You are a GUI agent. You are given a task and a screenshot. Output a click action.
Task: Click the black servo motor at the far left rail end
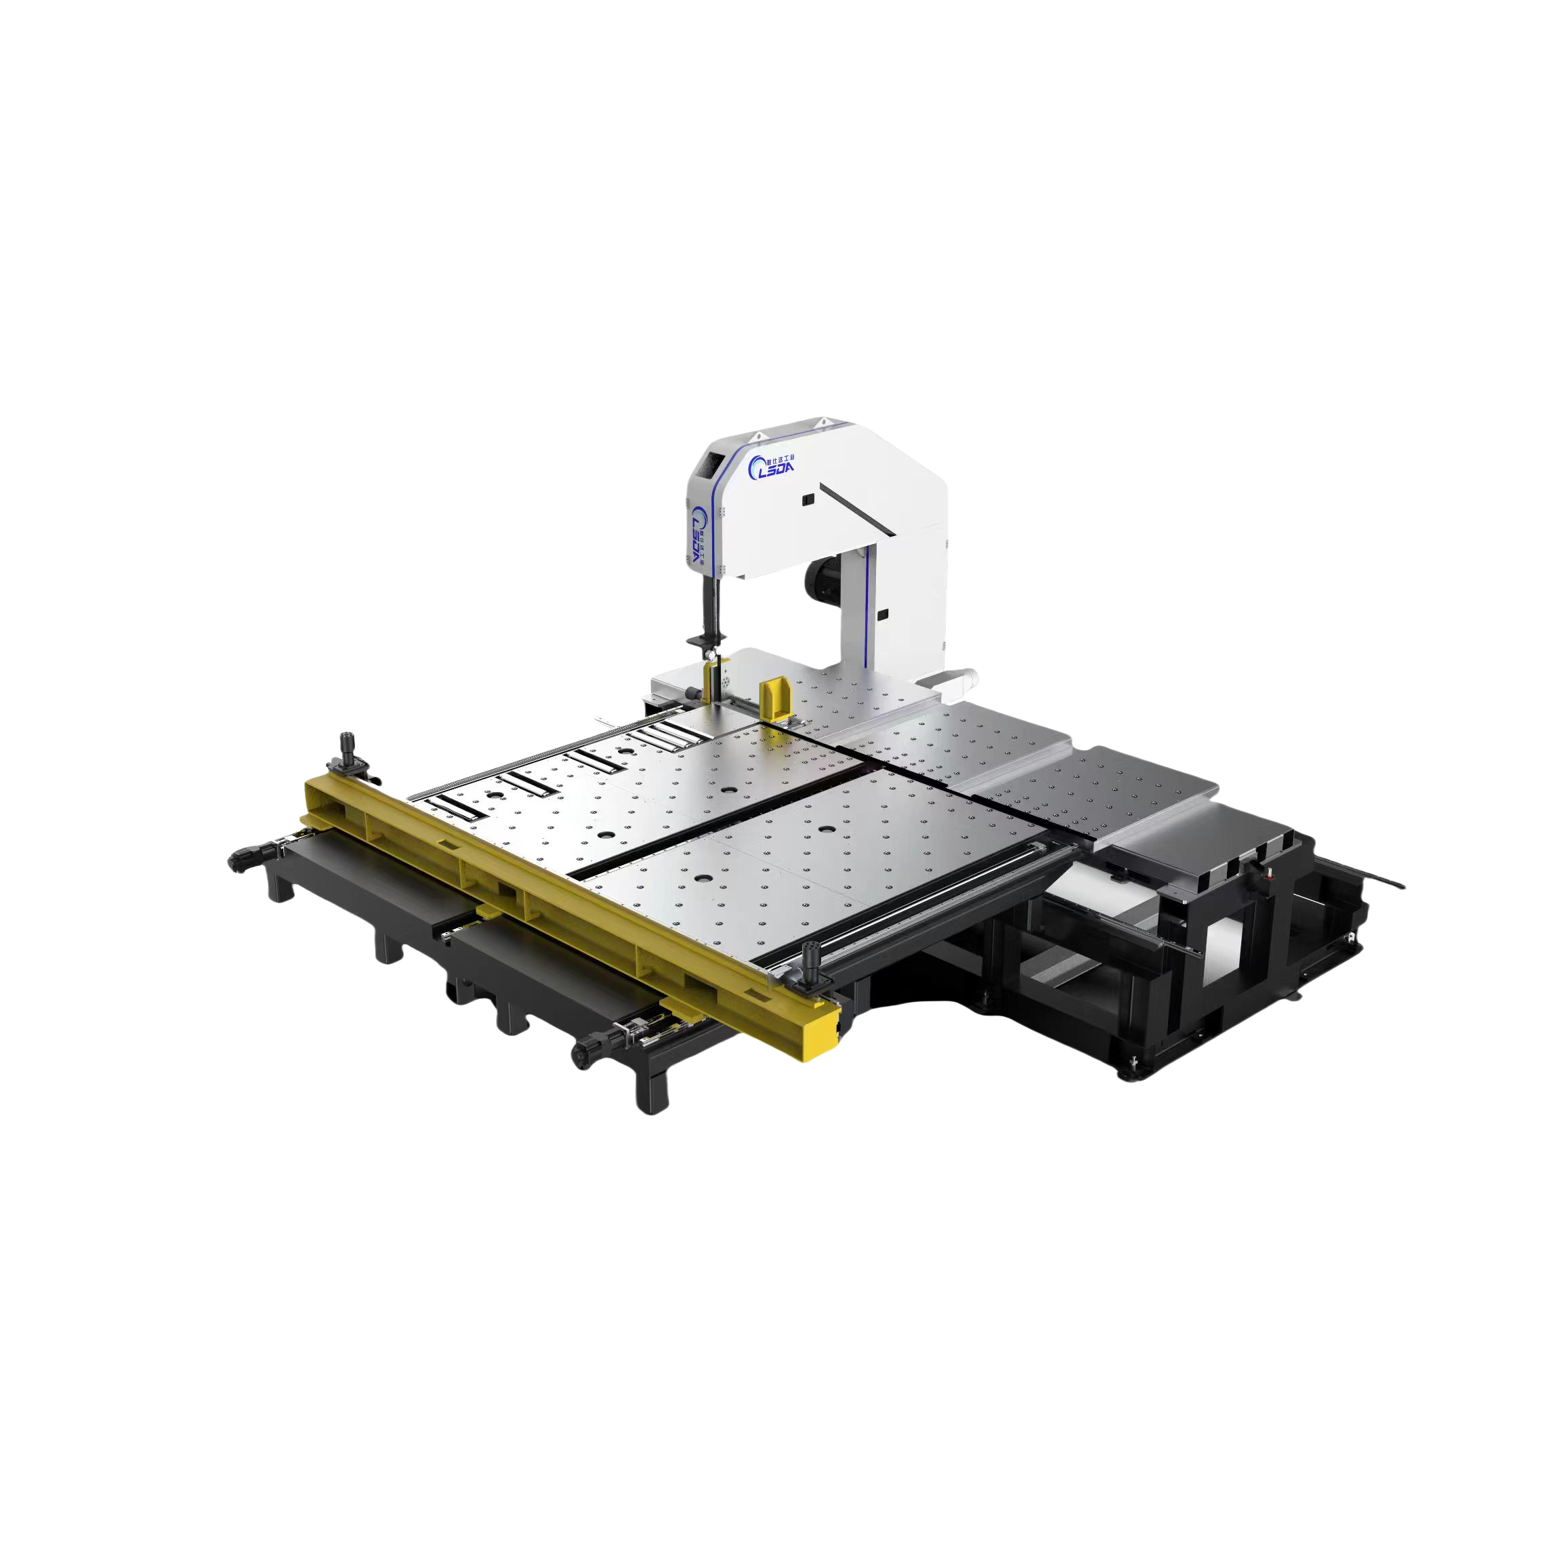[x=246, y=858]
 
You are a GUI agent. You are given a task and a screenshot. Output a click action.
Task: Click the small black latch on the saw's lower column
[x=883, y=614]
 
